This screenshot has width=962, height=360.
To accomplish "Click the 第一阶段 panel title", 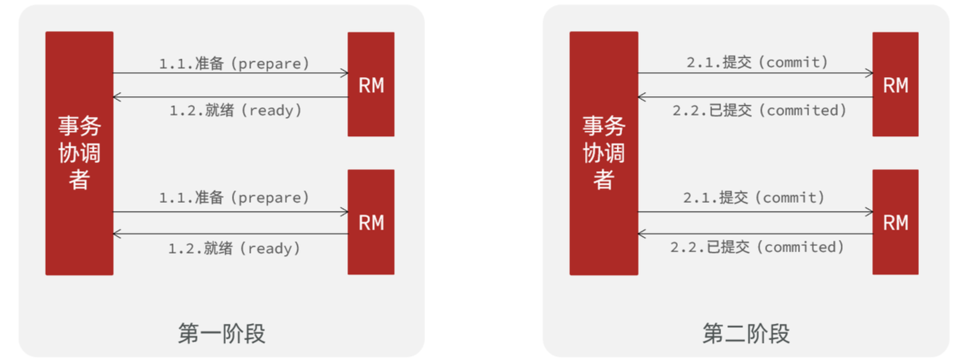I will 222,333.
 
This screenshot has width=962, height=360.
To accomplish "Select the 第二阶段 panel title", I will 746,333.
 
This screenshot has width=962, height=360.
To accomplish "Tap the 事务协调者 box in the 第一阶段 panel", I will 79,153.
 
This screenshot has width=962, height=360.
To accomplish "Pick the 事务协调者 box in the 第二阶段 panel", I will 604,153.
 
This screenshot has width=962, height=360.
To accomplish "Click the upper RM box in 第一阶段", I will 371,84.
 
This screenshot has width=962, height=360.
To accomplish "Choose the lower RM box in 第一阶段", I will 371,222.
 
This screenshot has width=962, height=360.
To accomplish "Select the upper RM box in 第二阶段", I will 896,84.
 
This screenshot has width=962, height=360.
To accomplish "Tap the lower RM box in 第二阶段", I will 896,222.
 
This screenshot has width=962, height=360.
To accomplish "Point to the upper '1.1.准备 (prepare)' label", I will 234,63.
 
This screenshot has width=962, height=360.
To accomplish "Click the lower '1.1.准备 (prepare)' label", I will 234,197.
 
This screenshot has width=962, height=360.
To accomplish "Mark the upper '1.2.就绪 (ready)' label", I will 235,110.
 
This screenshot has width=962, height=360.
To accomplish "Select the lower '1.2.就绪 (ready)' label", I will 234,248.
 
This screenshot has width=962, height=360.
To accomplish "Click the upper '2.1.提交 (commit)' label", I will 757,62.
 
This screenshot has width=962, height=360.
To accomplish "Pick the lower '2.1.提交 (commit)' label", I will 754,197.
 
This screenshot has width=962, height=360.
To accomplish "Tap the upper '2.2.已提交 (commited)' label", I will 759,110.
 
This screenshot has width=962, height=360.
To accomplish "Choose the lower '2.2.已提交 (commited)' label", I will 757,247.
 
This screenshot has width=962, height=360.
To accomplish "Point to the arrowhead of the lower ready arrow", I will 116,234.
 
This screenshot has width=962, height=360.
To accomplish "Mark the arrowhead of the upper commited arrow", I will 641,97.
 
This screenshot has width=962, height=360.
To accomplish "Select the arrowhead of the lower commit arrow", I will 870,212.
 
